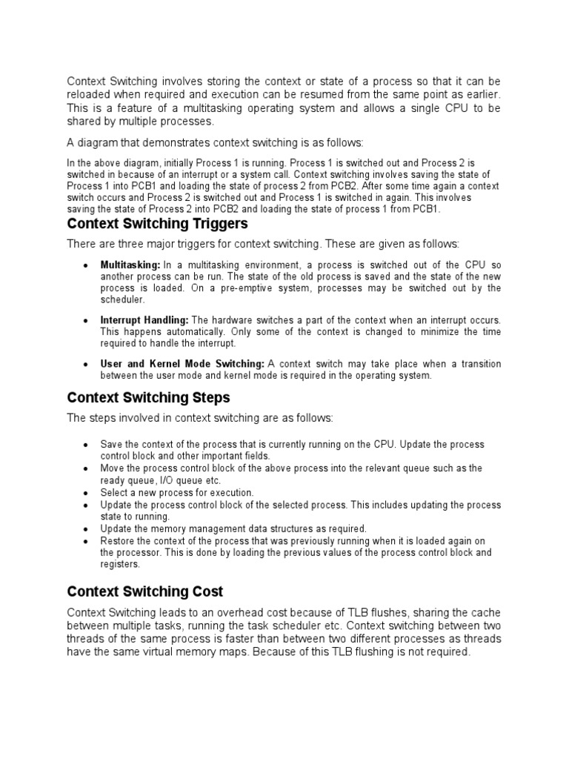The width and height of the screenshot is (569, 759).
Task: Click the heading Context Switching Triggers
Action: pyautogui.click(x=157, y=224)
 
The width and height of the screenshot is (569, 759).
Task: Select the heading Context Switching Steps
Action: pyautogui.click(x=148, y=398)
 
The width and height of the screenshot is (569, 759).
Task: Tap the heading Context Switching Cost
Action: pyautogui.click(x=145, y=591)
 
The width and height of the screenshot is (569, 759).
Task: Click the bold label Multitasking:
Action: pyautogui.click(x=130, y=265)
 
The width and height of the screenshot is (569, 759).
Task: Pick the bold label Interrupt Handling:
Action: pyautogui.click(x=144, y=320)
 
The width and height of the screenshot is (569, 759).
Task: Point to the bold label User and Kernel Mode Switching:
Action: pyautogui.click(x=182, y=364)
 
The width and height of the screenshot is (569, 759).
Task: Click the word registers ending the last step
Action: pyautogui.click(x=119, y=564)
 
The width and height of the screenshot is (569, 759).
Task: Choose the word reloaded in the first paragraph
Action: pyautogui.click(x=90, y=94)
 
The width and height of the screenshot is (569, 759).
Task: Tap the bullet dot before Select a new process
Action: pyautogui.click(x=87, y=493)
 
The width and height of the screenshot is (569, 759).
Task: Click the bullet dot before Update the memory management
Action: pyautogui.click(x=87, y=529)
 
